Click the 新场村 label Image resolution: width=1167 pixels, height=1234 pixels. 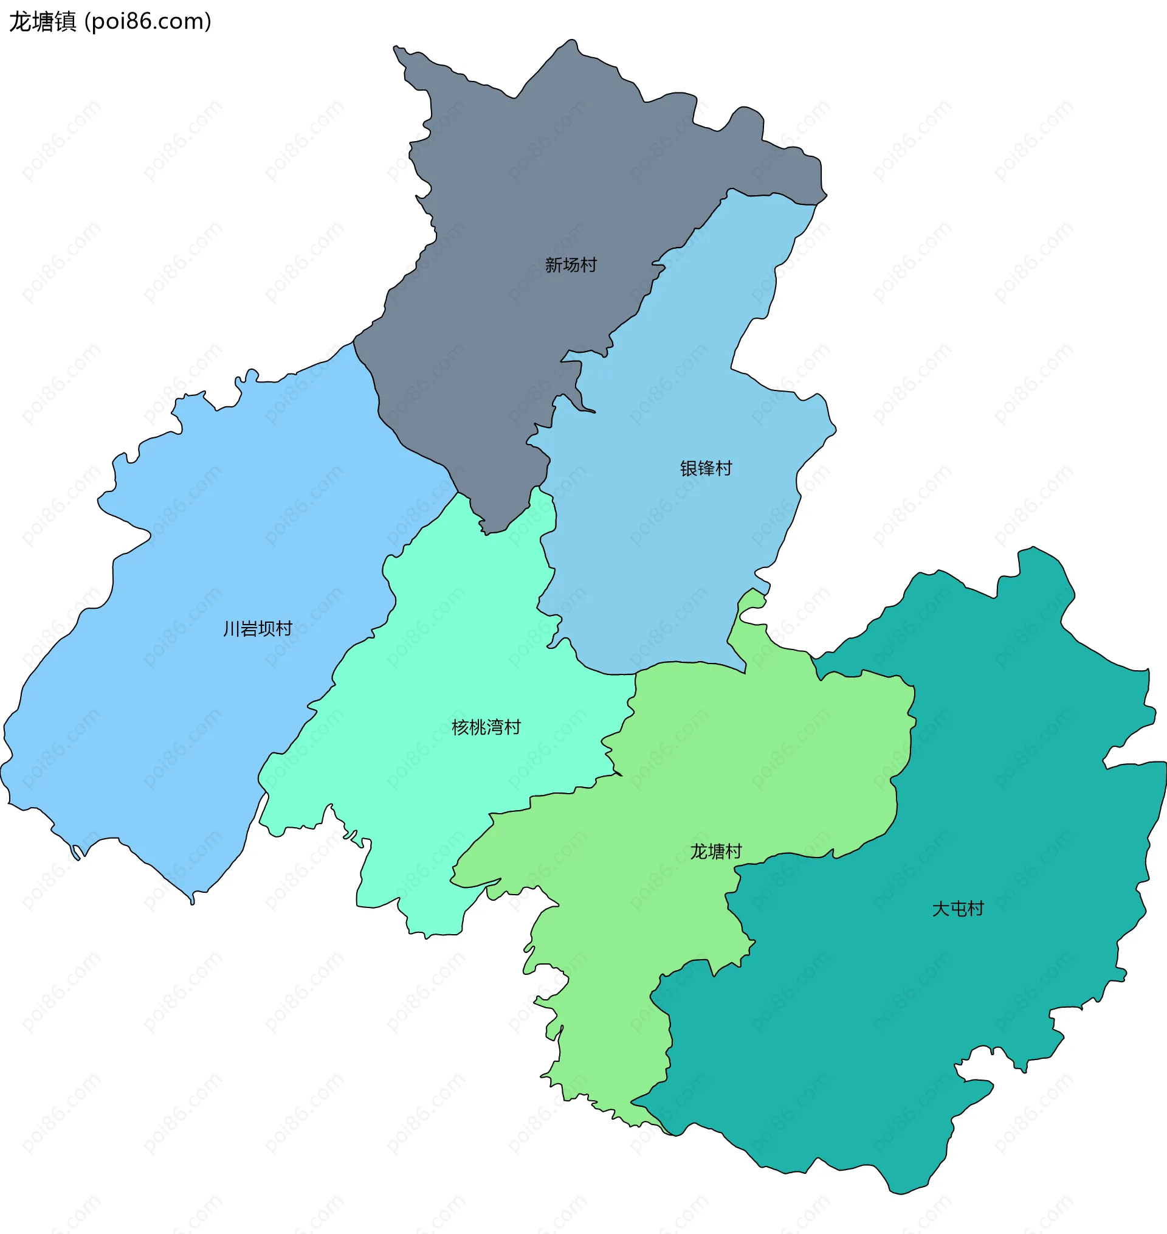571,265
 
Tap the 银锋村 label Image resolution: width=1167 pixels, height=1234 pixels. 706,468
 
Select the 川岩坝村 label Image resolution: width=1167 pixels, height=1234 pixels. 258,628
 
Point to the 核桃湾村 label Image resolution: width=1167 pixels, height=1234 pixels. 486,727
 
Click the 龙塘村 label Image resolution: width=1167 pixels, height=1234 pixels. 715,851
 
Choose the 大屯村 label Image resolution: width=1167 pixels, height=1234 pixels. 957,909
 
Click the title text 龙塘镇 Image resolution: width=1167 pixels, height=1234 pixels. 43,22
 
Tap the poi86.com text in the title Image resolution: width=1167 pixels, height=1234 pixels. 148,22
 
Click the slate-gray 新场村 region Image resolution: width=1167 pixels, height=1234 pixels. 529,187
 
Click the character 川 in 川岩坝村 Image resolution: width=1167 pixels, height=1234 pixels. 232,628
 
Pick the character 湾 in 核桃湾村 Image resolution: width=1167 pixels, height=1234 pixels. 495,727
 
